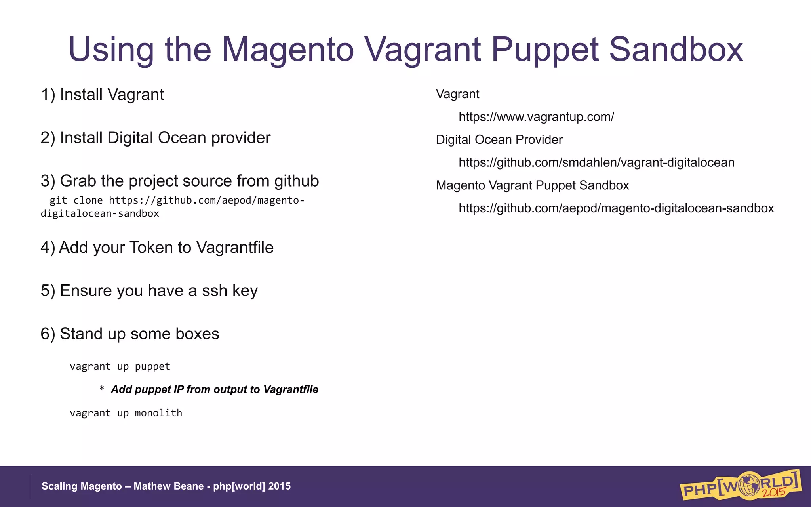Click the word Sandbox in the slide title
click(x=676, y=50)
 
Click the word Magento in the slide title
click(x=287, y=50)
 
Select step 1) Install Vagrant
click(x=102, y=95)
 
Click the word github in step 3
click(x=296, y=181)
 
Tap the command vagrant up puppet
click(x=120, y=366)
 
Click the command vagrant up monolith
click(x=126, y=413)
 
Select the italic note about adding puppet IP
click(x=214, y=389)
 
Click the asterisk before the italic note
click(x=102, y=389)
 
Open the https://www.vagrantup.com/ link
click(x=536, y=117)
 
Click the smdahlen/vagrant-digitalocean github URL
click(x=596, y=162)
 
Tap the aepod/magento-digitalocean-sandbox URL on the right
click(x=616, y=208)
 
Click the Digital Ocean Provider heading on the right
click(x=499, y=140)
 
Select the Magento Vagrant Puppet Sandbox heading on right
click(x=532, y=185)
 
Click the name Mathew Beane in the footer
click(x=168, y=486)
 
